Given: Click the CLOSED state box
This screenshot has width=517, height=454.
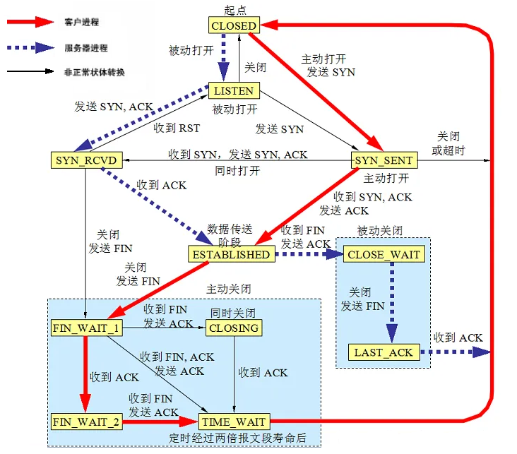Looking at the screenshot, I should (x=234, y=25).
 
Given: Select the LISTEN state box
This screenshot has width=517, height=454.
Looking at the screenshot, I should (x=234, y=91).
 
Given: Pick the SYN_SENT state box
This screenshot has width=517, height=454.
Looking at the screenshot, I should (x=386, y=160).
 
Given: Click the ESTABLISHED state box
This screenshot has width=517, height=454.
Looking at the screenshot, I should (x=230, y=254).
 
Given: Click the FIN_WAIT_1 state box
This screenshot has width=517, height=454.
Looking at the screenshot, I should (x=85, y=328).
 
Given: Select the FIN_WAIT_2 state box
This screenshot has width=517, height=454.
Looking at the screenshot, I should (x=85, y=422).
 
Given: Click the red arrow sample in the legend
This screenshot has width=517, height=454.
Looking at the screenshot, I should (x=28, y=23).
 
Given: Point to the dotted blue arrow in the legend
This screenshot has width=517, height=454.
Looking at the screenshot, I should (x=28, y=48).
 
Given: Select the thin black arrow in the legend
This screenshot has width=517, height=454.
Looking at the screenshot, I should (x=28, y=71).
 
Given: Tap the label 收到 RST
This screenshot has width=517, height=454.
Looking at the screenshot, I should (x=177, y=129).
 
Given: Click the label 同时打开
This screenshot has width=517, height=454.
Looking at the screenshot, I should (x=237, y=171).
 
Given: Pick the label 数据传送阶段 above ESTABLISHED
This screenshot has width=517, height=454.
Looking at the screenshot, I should (x=230, y=234).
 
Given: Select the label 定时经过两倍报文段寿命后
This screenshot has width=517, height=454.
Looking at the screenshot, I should (x=238, y=438).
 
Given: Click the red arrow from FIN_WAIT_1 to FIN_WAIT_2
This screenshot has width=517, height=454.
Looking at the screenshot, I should (x=85, y=374).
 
